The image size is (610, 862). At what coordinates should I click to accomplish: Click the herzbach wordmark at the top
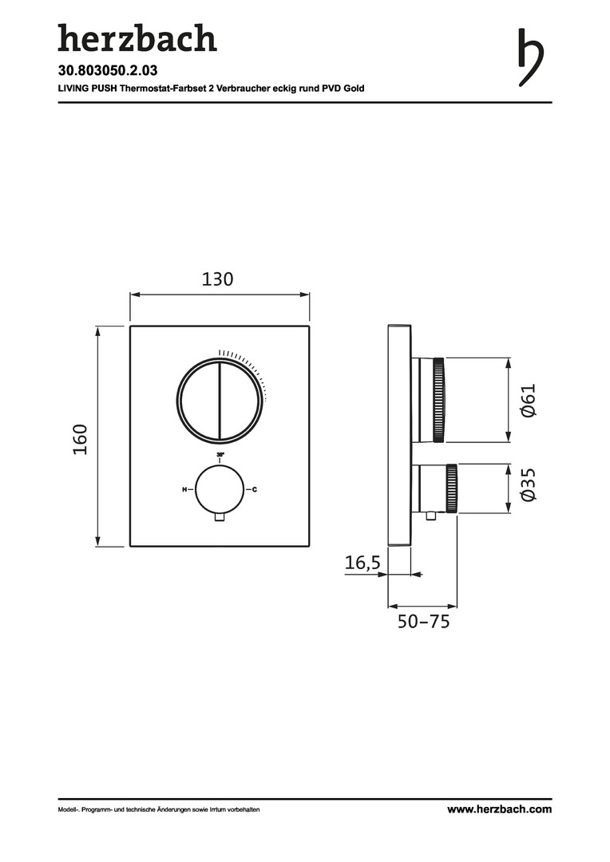coord(137,38)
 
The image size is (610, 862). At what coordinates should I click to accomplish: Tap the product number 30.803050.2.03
coord(108,70)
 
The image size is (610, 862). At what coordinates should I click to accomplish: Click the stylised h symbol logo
coord(531,57)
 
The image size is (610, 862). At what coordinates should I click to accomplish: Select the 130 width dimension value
coord(218,279)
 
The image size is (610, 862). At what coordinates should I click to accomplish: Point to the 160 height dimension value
coord(81,439)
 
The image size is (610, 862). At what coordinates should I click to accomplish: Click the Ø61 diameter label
coord(528,401)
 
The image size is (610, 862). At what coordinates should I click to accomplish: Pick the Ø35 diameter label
coord(528,484)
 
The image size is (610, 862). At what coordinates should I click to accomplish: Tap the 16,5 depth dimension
coord(362,563)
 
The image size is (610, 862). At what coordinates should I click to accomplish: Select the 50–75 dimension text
coord(423,622)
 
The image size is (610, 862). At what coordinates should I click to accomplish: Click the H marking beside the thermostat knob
coord(184,489)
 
